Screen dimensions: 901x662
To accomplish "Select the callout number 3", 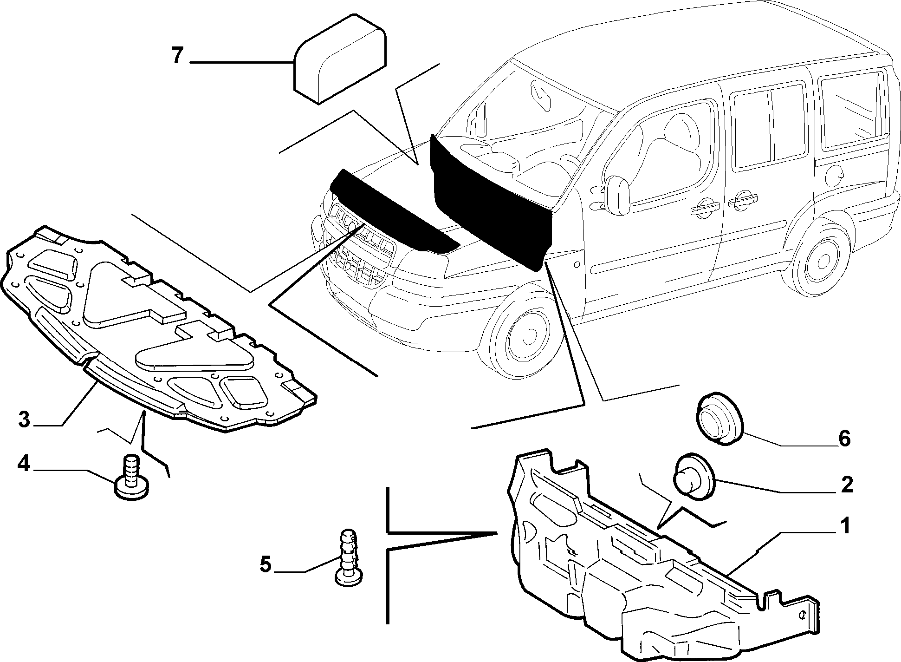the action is point(24,419).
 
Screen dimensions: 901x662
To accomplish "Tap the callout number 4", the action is point(24,464).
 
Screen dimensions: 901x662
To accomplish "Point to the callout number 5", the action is point(265,565).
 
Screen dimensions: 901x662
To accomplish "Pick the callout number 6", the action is point(844,438).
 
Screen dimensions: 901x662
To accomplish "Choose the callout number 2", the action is point(847,485).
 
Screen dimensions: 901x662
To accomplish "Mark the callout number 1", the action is point(845,526).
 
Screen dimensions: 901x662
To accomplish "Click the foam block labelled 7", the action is point(340,65).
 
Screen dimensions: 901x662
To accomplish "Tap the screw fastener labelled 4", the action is point(132,478).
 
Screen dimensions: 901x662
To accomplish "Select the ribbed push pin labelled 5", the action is point(349,556).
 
